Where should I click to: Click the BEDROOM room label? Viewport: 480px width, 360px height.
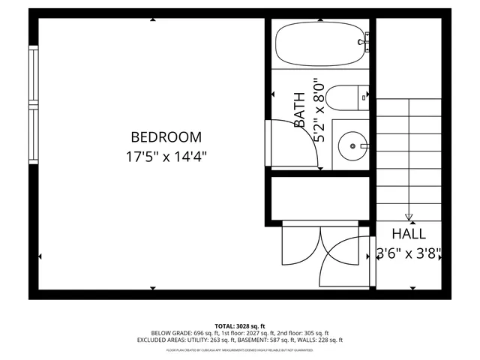click(166, 137)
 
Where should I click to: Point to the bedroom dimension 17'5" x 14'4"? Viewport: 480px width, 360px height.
click(166, 157)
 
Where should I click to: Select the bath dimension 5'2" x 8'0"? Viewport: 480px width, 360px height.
click(320, 110)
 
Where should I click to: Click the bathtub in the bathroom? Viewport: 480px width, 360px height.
click(319, 43)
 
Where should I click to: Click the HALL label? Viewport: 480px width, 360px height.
click(408, 234)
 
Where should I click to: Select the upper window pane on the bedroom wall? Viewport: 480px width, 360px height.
click(33, 75)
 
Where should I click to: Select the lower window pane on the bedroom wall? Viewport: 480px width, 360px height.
click(33, 134)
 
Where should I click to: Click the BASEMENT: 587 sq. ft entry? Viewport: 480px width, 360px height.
click(263, 340)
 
